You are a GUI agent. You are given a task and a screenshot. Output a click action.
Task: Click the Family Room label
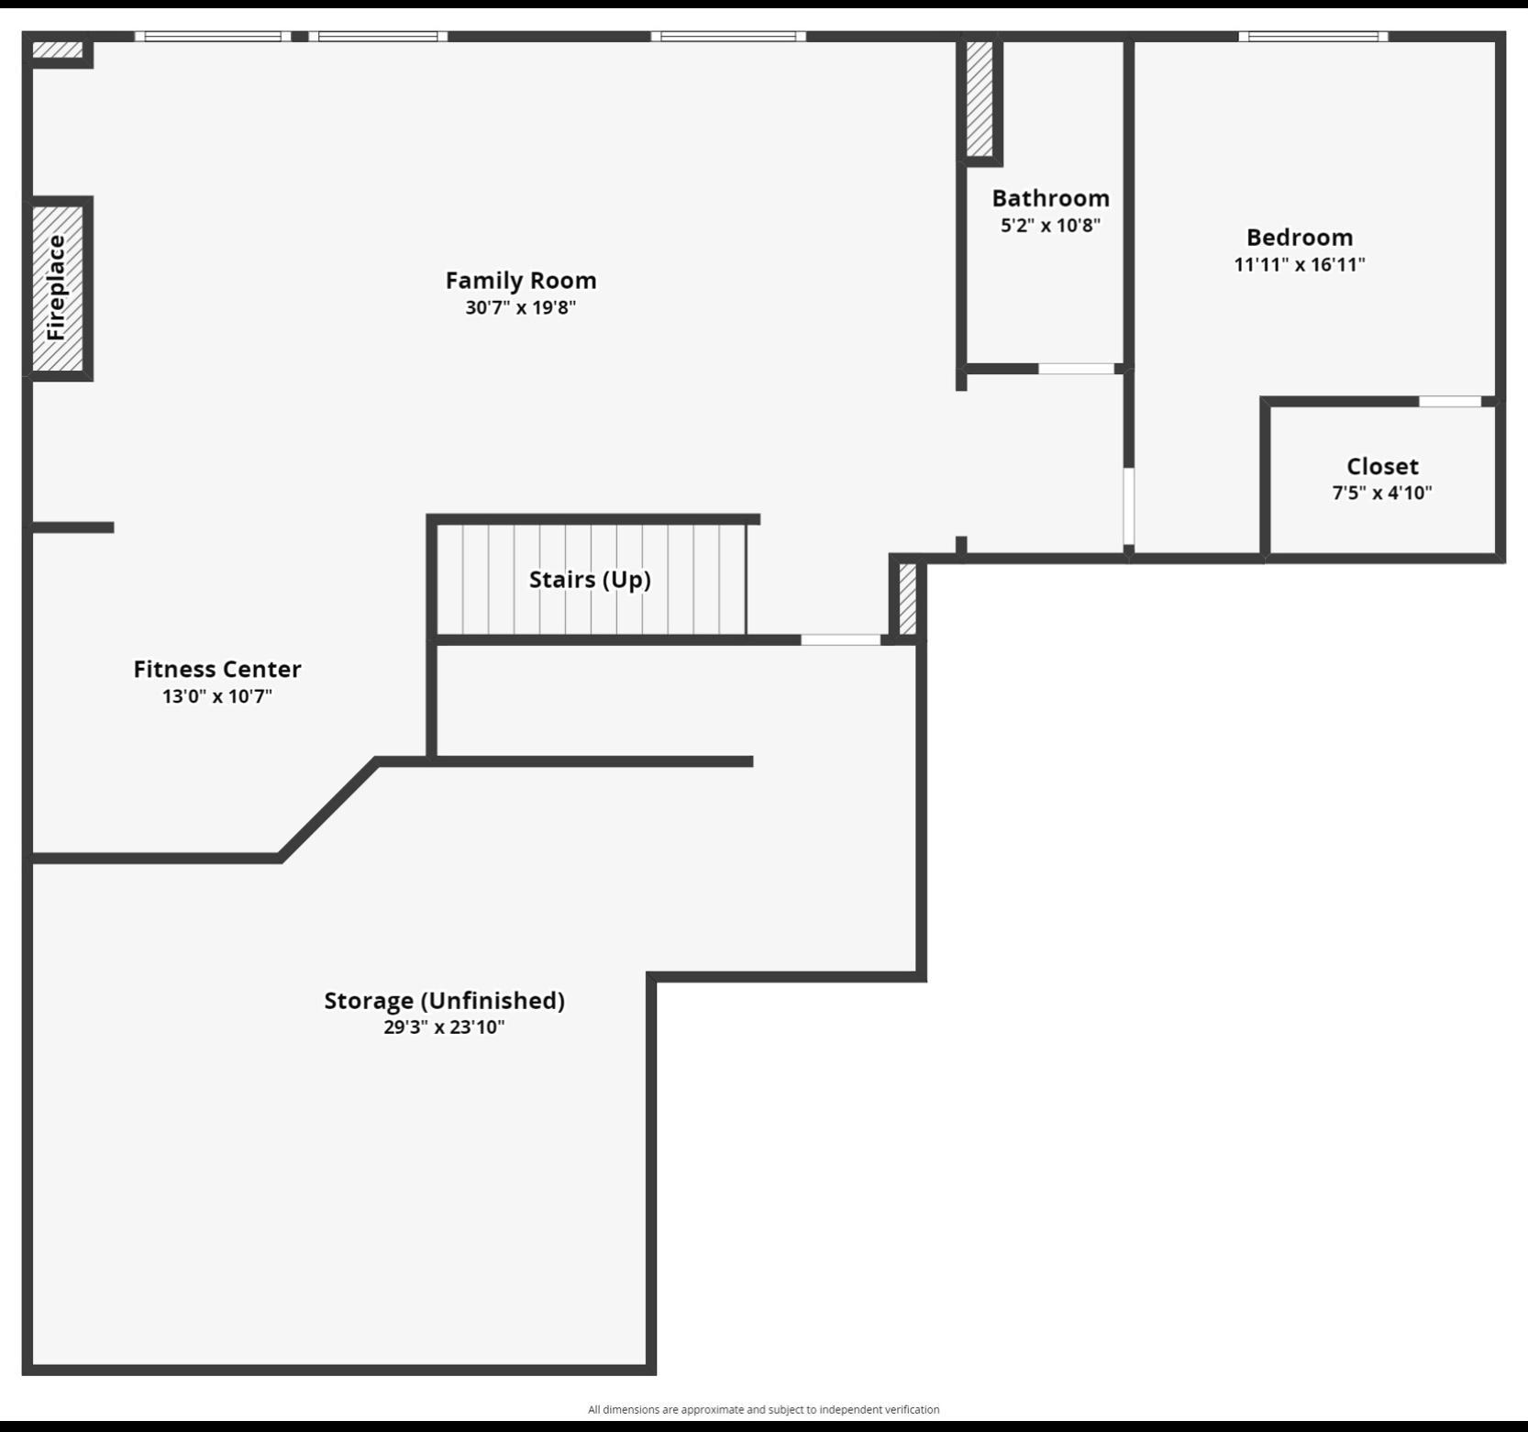521,280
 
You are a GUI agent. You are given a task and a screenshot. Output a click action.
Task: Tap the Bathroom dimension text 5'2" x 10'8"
1050,226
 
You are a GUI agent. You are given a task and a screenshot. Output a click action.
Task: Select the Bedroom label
1300,238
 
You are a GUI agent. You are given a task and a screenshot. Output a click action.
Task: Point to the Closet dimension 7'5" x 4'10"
1382,493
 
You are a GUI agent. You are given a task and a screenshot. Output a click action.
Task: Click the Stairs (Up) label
590,580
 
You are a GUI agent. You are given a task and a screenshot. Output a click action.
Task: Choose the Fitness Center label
217,669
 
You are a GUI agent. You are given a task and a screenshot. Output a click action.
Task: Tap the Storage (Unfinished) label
444,1000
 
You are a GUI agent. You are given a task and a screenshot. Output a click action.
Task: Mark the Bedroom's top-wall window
1312,37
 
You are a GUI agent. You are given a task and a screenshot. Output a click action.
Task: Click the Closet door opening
1450,402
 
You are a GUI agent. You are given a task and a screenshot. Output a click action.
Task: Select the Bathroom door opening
1076,369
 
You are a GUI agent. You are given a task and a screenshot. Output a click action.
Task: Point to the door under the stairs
840,639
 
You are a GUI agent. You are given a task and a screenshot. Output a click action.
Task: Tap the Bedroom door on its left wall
1129,506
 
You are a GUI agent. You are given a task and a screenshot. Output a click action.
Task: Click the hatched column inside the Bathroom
980,99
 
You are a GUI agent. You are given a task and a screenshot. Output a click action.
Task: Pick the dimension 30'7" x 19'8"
521,307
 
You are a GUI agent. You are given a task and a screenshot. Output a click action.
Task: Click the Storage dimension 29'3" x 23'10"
444,1027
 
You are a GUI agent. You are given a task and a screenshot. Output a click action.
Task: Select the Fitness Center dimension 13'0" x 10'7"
217,696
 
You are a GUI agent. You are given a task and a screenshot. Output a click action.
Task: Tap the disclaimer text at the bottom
763,1409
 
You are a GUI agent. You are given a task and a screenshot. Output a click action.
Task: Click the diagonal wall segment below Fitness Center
328,809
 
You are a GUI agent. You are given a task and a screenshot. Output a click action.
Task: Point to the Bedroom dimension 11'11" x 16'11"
1300,265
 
